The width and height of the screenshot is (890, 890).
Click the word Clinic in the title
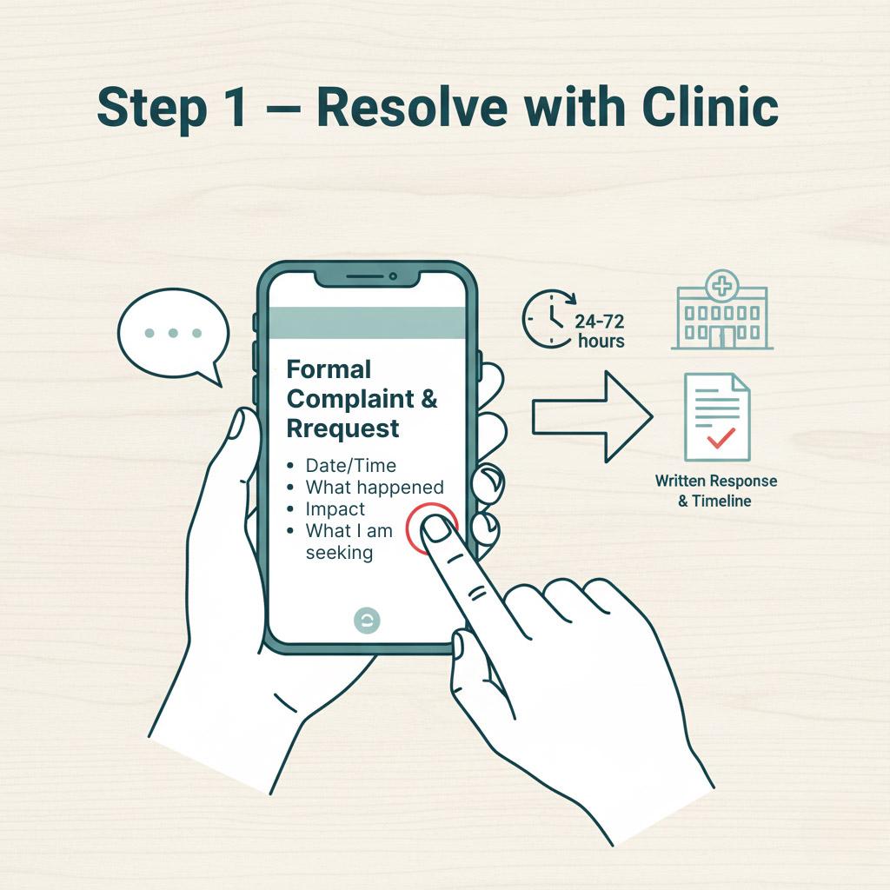710,107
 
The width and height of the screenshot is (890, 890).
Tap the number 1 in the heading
235,108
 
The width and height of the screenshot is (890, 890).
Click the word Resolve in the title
412,108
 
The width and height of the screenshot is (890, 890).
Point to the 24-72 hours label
600,331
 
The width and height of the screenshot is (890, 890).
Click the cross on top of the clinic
721,285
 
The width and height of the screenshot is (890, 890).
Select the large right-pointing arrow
591,416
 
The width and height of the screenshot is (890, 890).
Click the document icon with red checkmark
717,417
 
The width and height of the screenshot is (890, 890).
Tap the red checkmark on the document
721,438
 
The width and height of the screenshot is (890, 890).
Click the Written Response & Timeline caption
716,491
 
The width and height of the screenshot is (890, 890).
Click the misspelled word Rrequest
342,428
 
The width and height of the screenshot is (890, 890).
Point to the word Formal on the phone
329,369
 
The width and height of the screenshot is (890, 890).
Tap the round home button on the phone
367,621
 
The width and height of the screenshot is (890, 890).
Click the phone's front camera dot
393,276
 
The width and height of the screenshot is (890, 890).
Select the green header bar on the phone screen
367,323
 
